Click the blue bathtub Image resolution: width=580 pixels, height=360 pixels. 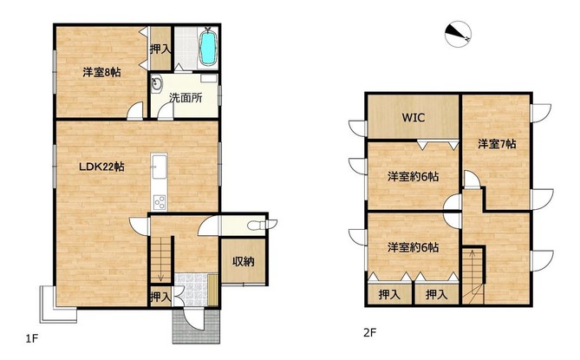coord(208,48)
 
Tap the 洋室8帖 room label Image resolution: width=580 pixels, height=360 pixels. coord(101,72)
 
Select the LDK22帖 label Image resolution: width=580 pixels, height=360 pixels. coord(101,167)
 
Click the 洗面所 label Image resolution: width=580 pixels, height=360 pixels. coord(186,98)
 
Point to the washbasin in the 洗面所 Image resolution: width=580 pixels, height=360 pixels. coord(157,83)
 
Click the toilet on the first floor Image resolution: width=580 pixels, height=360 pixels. coord(263,225)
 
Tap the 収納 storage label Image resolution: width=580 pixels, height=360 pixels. coord(244,262)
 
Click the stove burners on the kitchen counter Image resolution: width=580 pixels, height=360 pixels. coord(160,202)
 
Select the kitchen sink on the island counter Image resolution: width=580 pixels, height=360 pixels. coord(160,167)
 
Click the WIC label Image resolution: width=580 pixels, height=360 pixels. coord(414,118)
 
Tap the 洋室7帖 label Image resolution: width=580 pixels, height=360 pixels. coord(497,143)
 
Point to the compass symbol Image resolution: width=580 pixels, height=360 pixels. coord(458,34)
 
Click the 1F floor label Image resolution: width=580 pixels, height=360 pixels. coord(32,338)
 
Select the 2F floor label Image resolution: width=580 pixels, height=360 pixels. coord(370,332)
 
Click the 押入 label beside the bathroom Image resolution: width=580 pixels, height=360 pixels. coord(160,49)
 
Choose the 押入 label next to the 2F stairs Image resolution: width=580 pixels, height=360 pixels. coord(436,295)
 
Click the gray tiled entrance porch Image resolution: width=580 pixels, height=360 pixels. coord(196,327)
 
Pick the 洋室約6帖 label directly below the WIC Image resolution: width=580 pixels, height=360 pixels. coord(414,176)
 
